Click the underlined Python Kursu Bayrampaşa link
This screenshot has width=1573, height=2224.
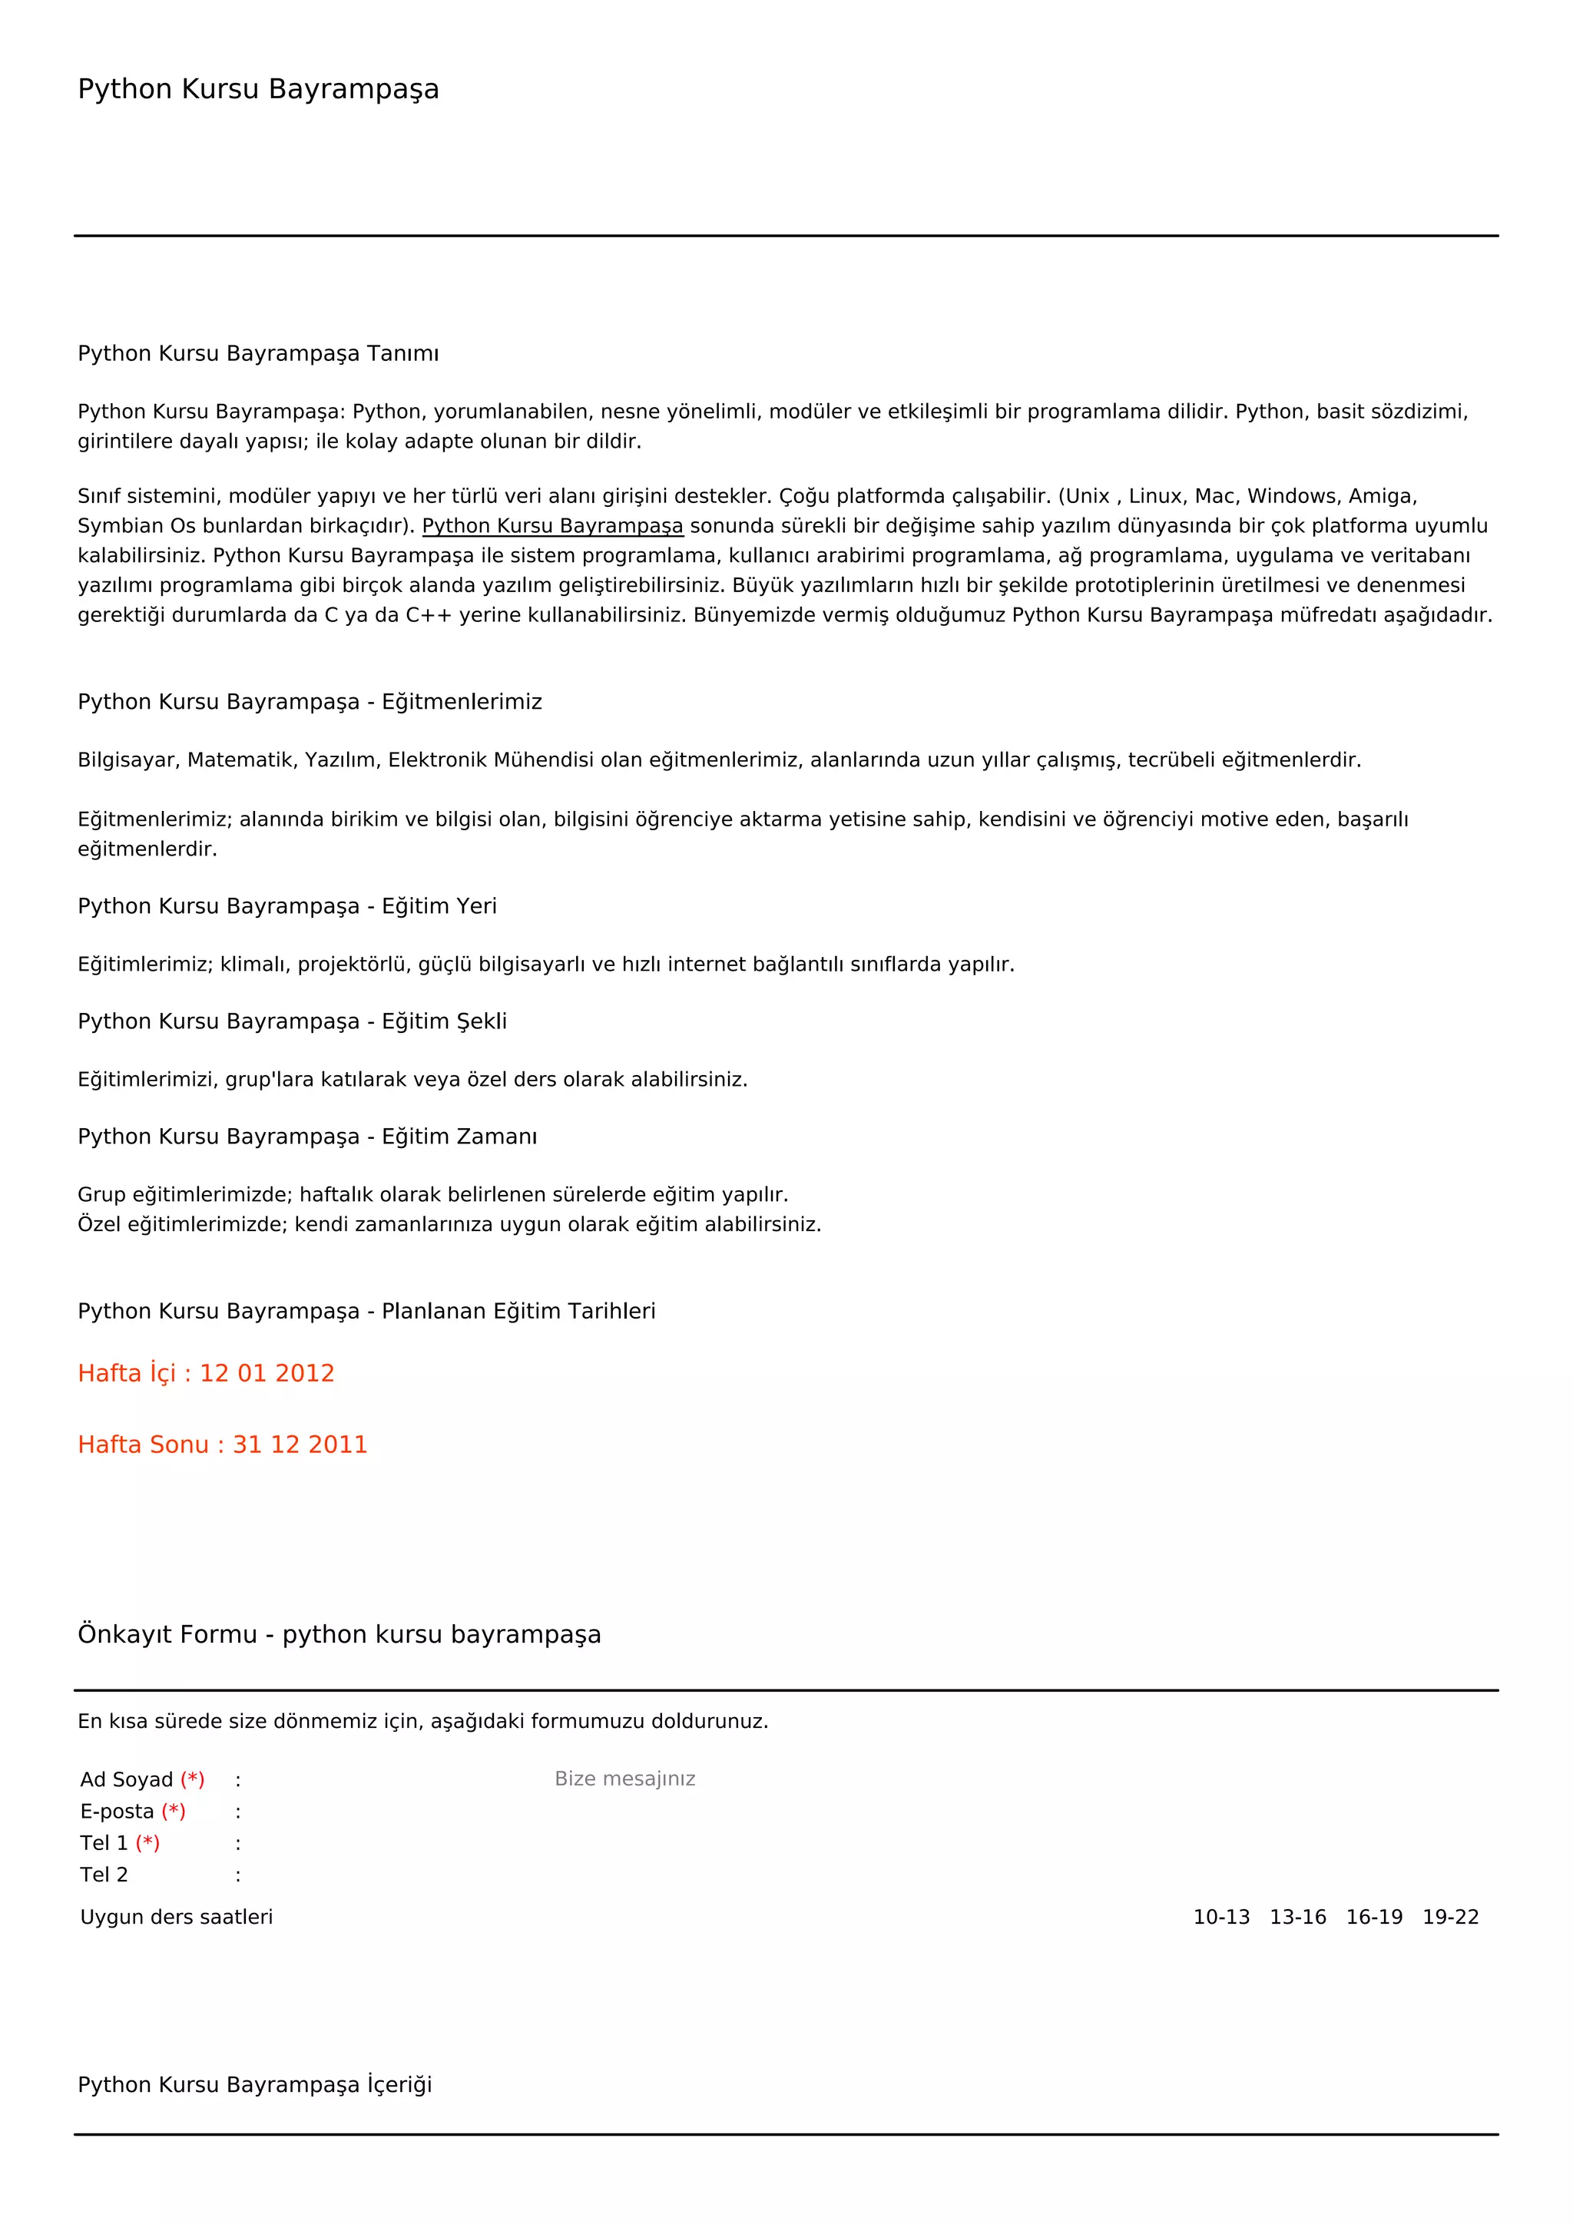[552, 526]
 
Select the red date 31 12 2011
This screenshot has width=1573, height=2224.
[300, 1445]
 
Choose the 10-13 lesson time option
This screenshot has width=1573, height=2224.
[1220, 1917]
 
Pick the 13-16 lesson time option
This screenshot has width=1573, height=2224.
[1297, 1917]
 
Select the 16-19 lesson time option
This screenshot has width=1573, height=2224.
[1373, 1917]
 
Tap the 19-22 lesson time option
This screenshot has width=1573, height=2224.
[1450, 1917]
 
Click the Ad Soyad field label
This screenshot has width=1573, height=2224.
[126, 1779]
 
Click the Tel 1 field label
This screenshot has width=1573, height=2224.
[104, 1843]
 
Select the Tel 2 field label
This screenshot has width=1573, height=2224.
[104, 1875]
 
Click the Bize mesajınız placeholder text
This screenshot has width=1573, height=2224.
[624, 1779]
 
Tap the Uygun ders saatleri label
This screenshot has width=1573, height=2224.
[177, 1917]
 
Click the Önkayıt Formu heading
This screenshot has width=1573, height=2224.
[339, 1634]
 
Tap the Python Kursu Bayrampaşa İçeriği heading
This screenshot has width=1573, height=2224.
[255, 2084]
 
